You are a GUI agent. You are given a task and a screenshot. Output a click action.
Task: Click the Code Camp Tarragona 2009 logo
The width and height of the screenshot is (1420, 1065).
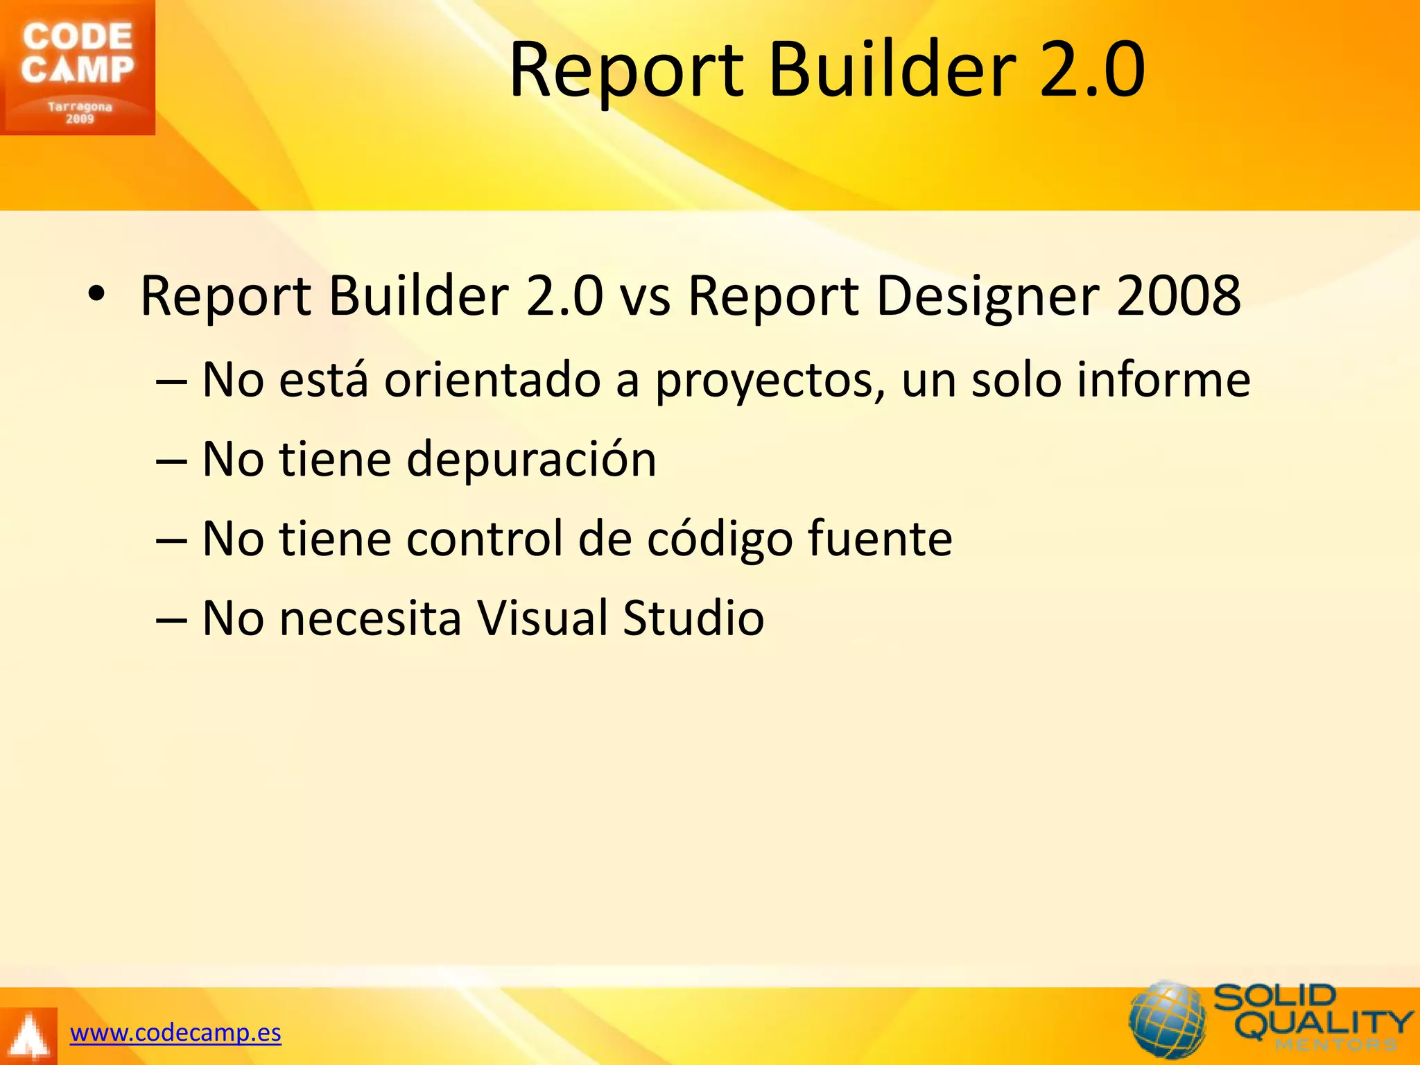77,67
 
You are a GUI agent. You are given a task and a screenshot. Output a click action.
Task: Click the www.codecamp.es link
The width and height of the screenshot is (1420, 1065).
175,1032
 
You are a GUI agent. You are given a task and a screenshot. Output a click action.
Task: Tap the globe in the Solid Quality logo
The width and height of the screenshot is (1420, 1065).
1168,1020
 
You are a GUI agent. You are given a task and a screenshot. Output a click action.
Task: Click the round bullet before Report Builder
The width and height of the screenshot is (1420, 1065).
96,295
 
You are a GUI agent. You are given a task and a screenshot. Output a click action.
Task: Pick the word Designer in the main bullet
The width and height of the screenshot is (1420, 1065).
987,296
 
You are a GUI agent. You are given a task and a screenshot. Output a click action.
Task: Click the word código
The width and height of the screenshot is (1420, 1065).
719,539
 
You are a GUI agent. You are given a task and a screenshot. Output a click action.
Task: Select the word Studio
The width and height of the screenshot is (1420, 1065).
693,618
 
